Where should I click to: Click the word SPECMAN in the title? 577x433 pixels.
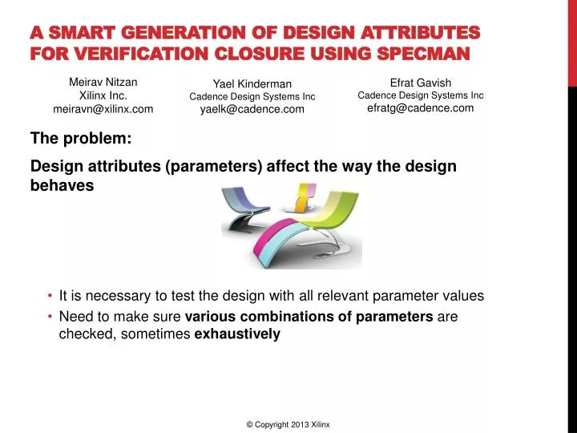(423, 54)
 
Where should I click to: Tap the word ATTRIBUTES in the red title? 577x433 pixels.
(420, 32)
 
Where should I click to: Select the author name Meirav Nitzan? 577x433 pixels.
(103, 82)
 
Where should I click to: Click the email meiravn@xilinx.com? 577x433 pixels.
(103, 109)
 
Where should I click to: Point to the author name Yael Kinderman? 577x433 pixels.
(252, 84)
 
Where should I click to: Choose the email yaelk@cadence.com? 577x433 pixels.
(252, 109)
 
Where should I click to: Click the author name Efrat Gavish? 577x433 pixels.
(420, 83)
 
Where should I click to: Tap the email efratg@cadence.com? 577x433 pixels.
(420, 108)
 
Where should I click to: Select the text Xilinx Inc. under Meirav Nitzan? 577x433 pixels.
(103, 95)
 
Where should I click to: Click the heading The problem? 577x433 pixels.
(81, 138)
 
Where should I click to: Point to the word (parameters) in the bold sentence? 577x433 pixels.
(214, 167)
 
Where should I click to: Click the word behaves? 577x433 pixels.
(62, 185)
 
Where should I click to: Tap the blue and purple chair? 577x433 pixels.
(244, 207)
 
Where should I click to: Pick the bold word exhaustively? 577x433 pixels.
(237, 334)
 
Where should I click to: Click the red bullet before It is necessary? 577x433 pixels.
(50, 296)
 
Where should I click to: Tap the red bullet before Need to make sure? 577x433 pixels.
(50, 316)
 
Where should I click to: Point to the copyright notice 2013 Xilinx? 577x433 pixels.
(288, 424)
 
